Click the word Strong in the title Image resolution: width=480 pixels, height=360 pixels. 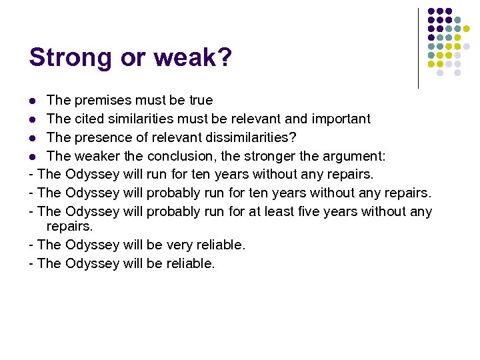69,58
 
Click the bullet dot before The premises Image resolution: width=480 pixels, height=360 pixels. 33,101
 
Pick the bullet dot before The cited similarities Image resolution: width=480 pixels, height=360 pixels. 33,120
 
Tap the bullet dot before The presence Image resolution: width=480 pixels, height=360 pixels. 33,138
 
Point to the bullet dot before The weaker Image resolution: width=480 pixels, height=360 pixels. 33,157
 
